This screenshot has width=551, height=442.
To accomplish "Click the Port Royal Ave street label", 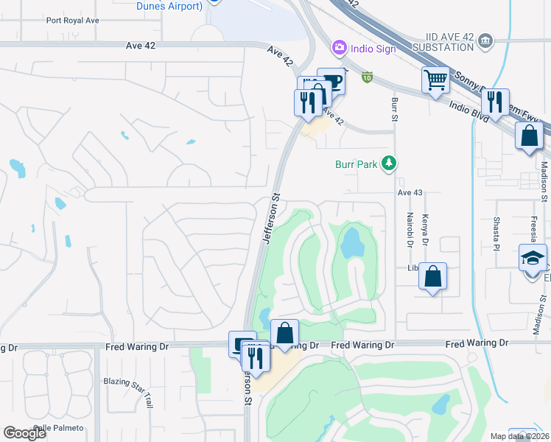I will (x=72, y=21).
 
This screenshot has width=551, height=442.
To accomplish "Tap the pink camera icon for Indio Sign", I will (x=340, y=48).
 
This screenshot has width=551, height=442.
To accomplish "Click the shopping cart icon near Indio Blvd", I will (x=435, y=79).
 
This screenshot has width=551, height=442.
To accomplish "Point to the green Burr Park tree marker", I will (x=389, y=164).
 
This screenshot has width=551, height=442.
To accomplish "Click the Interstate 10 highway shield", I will (x=367, y=76).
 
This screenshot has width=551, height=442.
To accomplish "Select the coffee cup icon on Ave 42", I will (x=331, y=80).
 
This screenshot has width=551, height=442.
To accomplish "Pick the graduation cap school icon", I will (x=533, y=258).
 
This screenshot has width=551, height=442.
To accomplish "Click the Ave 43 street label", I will (x=411, y=192).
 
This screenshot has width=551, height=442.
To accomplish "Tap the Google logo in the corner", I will (x=25, y=433).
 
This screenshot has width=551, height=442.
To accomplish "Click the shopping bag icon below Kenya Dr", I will (x=433, y=277).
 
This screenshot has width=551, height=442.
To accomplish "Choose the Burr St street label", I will (x=395, y=108).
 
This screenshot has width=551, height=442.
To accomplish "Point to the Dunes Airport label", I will (x=169, y=6).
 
